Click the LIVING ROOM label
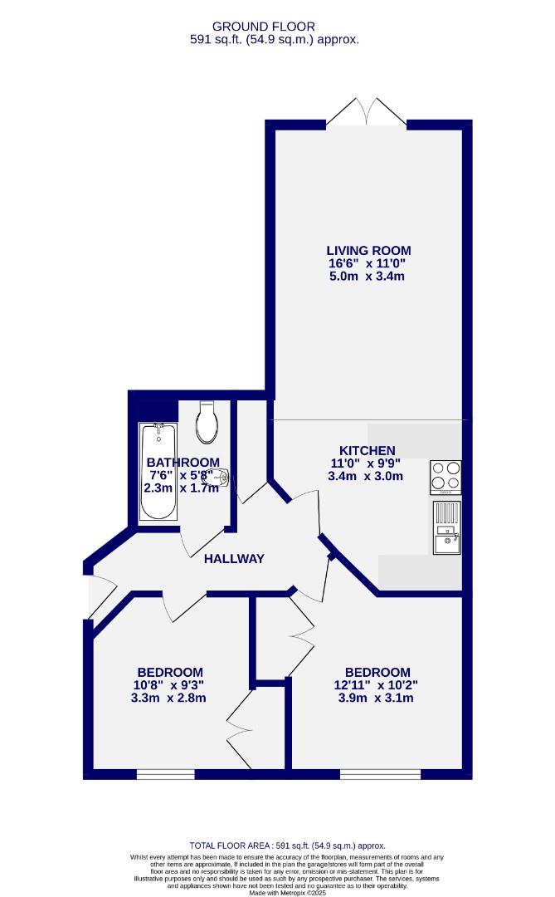[x=368, y=250]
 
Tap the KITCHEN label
[x=366, y=451]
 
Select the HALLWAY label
[x=234, y=559]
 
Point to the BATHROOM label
[x=183, y=463]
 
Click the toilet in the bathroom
[x=207, y=423]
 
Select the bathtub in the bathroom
[x=157, y=472]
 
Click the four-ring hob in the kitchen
[x=445, y=478]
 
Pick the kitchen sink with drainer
[x=445, y=527]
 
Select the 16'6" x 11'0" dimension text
[x=368, y=263]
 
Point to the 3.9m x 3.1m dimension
[x=377, y=698]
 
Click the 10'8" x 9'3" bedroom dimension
[x=170, y=685]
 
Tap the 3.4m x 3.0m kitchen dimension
[x=366, y=476]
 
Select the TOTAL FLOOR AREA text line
[x=288, y=845]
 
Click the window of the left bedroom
[x=165, y=774]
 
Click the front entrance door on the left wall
[x=95, y=596]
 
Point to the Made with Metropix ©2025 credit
[x=277, y=892]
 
